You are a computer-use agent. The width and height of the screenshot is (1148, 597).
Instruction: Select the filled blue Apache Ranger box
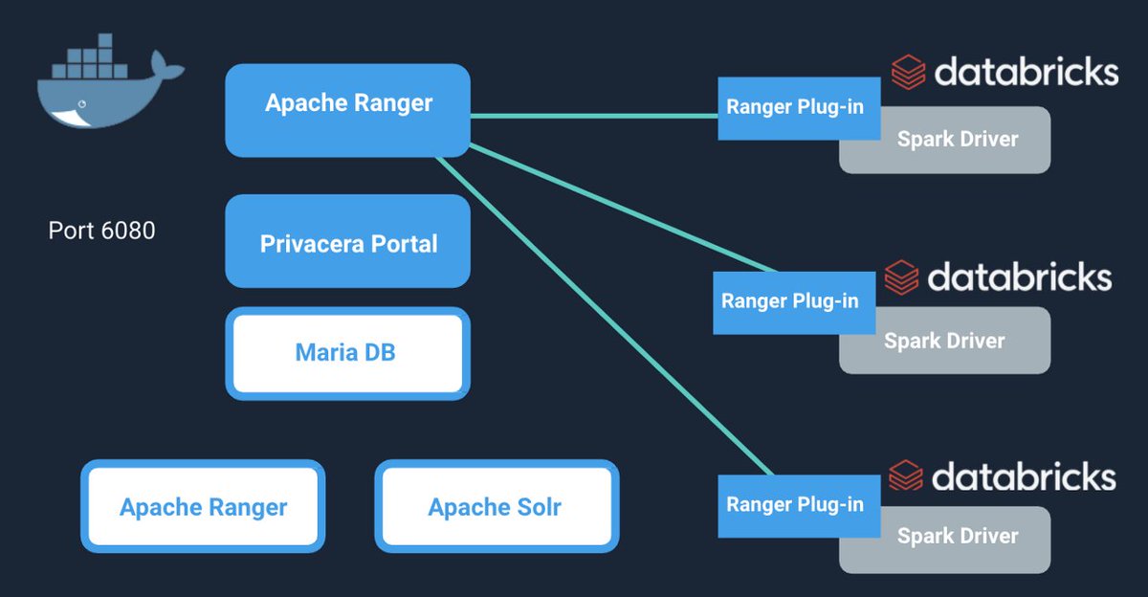(347, 103)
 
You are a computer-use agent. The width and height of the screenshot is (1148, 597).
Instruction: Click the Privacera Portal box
(347, 243)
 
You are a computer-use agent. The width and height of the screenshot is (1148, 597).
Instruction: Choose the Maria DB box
(347, 353)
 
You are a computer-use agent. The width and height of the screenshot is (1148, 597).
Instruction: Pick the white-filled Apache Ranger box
(203, 506)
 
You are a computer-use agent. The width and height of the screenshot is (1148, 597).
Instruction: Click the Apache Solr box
(496, 506)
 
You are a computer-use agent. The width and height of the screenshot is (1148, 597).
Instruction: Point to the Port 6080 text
(101, 231)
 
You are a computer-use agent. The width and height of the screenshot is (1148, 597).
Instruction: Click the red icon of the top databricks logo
(908, 73)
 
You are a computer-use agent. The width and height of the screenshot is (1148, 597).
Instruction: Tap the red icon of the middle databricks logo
(901, 277)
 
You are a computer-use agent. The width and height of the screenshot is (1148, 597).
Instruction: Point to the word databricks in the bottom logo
(1024, 476)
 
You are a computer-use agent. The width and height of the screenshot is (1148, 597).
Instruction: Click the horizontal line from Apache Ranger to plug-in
(593, 116)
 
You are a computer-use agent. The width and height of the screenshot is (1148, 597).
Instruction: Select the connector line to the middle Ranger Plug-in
(622, 208)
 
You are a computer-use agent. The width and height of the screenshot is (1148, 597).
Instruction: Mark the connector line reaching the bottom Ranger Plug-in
(603, 316)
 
